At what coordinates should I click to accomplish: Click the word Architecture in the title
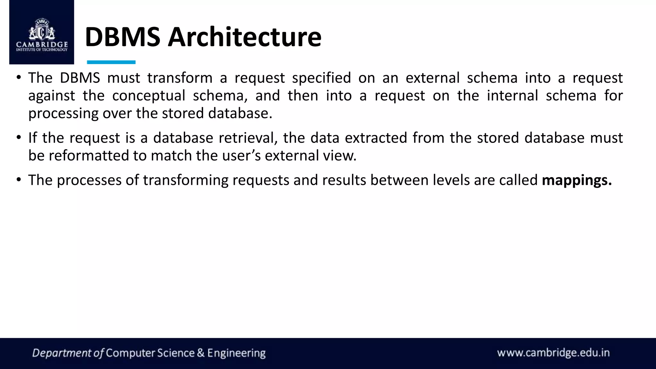click(244, 37)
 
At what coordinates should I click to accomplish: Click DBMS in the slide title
click(122, 37)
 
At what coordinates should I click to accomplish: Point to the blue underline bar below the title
click(111, 62)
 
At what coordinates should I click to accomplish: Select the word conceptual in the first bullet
click(149, 96)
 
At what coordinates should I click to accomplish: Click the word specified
click(321, 78)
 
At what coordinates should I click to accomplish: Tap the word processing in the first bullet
click(63, 114)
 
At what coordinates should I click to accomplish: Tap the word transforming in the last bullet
click(185, 180)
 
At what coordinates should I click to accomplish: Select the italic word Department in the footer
click(62, 353)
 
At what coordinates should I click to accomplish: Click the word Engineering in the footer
click(236, 353)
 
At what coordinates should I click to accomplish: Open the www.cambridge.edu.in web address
click(553, 353)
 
